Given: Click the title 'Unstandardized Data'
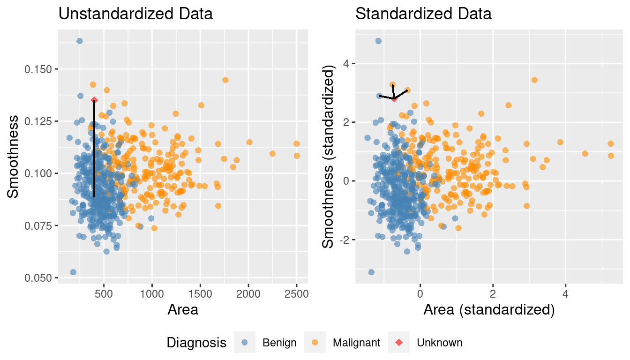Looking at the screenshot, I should coord(135,14).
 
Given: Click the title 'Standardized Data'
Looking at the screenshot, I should coord(423,14).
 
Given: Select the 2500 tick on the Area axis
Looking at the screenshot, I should coord(296,294).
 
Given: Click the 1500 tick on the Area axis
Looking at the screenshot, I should coord(200,294).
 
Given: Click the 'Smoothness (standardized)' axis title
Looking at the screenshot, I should coord(330,157).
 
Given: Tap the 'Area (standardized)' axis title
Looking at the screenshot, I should coord(489,310).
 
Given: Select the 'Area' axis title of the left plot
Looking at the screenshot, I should coord(183,310).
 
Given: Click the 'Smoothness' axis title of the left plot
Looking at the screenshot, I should coord(14,157).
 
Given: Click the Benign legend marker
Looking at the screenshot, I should coord(244,343).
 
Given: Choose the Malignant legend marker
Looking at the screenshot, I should coord(315,343).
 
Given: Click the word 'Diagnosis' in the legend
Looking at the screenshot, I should coord(196,343).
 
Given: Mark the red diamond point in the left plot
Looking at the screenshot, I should coord(94,100).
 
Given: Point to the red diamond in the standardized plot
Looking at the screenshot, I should coord(394,98).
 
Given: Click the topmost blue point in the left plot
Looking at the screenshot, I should coord(80,41).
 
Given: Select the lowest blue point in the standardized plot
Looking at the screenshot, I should coord(371,272).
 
